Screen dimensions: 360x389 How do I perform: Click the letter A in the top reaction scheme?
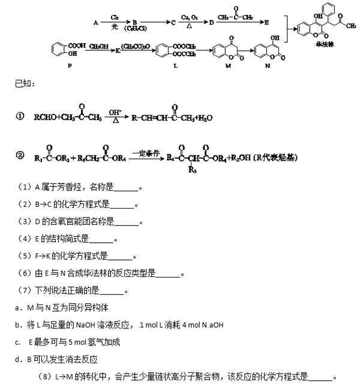click(96, 22)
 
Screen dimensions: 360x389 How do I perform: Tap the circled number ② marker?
click(20, 157)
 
